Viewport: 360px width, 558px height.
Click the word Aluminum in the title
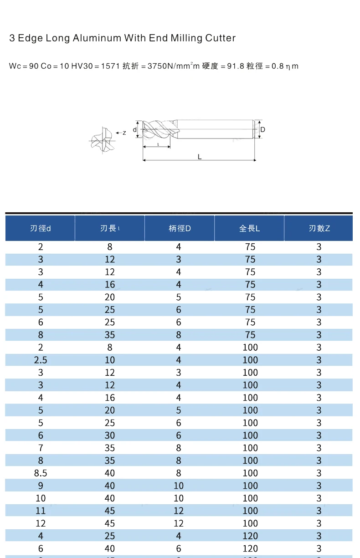click(94, 38)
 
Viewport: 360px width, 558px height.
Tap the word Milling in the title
click(186, 38)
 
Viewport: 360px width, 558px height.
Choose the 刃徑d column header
click(40, 228)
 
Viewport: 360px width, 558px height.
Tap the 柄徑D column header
click(179, 228)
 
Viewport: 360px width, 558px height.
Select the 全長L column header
click(249, 228)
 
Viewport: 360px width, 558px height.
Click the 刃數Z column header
click(319, 228)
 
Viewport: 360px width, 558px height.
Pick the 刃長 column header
click(110, 228)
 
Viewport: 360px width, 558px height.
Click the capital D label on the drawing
click(262, 129)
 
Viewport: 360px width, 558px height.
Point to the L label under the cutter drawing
click(200, 157)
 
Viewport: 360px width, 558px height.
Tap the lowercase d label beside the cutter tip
click(135, 130)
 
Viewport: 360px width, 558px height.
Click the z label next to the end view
click(124, 133)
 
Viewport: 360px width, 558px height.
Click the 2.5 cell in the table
click(41, 360)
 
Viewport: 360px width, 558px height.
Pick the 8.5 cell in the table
click(41, 473)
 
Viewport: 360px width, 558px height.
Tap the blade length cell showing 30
click(110, 435)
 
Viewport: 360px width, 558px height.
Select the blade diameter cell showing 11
click(41, 511)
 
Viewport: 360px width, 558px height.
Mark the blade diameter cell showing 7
click(41, 448)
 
